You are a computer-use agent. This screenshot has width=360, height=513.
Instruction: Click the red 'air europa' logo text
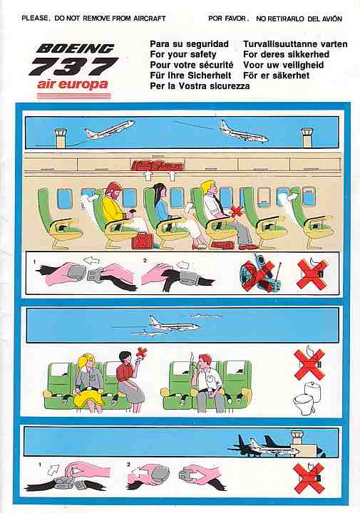pos(72,84)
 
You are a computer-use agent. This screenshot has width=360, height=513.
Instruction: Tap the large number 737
pos(73,66)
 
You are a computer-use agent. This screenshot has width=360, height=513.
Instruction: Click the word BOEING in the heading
pos(76,48)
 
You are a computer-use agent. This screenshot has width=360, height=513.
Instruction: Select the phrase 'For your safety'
pos(183,54)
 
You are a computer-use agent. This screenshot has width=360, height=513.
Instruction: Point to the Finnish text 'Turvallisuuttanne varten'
pos(295,44)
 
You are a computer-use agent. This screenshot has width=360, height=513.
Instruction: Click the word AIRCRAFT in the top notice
pos(149,19)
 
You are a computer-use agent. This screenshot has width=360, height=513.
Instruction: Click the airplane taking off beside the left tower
pos(110,129)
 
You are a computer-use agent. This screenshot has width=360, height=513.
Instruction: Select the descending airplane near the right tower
pos(244,132)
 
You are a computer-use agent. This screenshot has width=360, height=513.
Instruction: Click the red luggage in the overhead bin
pos(158,165)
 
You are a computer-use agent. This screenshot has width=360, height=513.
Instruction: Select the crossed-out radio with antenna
pos(259,272)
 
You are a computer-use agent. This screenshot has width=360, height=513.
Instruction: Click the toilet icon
pos(304,397)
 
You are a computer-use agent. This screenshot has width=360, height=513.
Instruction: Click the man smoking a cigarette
pos(205,381)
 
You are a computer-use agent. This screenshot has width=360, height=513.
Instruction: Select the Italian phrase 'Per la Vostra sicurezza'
pos(200,86)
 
